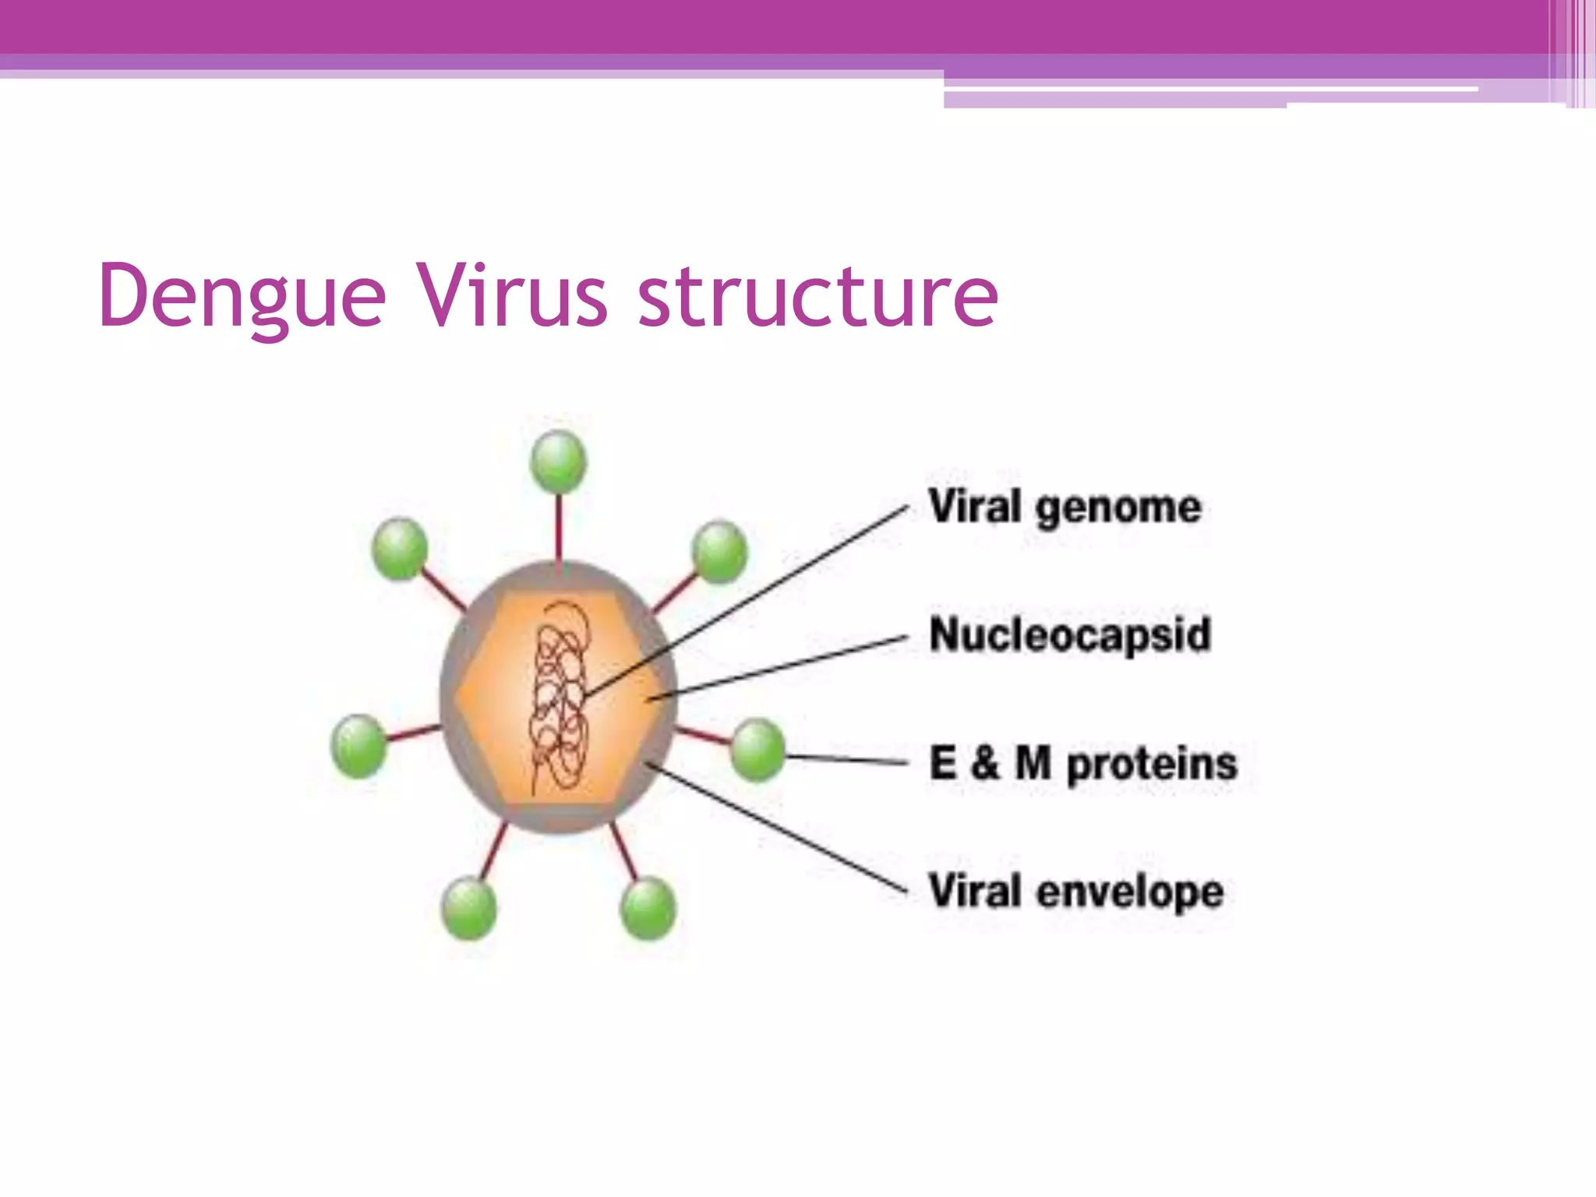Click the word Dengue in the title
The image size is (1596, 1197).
pos(242,297)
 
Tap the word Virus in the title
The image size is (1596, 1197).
pos(511,297)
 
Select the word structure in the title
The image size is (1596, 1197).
pos(818,297)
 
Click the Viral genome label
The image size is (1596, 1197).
pos(1065,508)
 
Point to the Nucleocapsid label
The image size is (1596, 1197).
pos(1070,634)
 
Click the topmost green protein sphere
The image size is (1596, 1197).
pos(559,461)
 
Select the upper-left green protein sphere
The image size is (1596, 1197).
pos(400,549)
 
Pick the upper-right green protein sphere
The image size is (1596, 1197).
pos(719,552)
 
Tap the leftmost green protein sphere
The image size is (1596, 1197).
pos(358,747)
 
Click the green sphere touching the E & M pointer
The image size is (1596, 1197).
pos(757,750)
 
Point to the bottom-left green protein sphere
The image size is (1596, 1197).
pos(468,908)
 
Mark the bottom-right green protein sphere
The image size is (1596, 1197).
pos(648,908)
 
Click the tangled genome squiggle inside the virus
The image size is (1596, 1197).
pos(560,694)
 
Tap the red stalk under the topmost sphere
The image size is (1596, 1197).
pos(559,530)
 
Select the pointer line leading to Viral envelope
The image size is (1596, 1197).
pos(779,829)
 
